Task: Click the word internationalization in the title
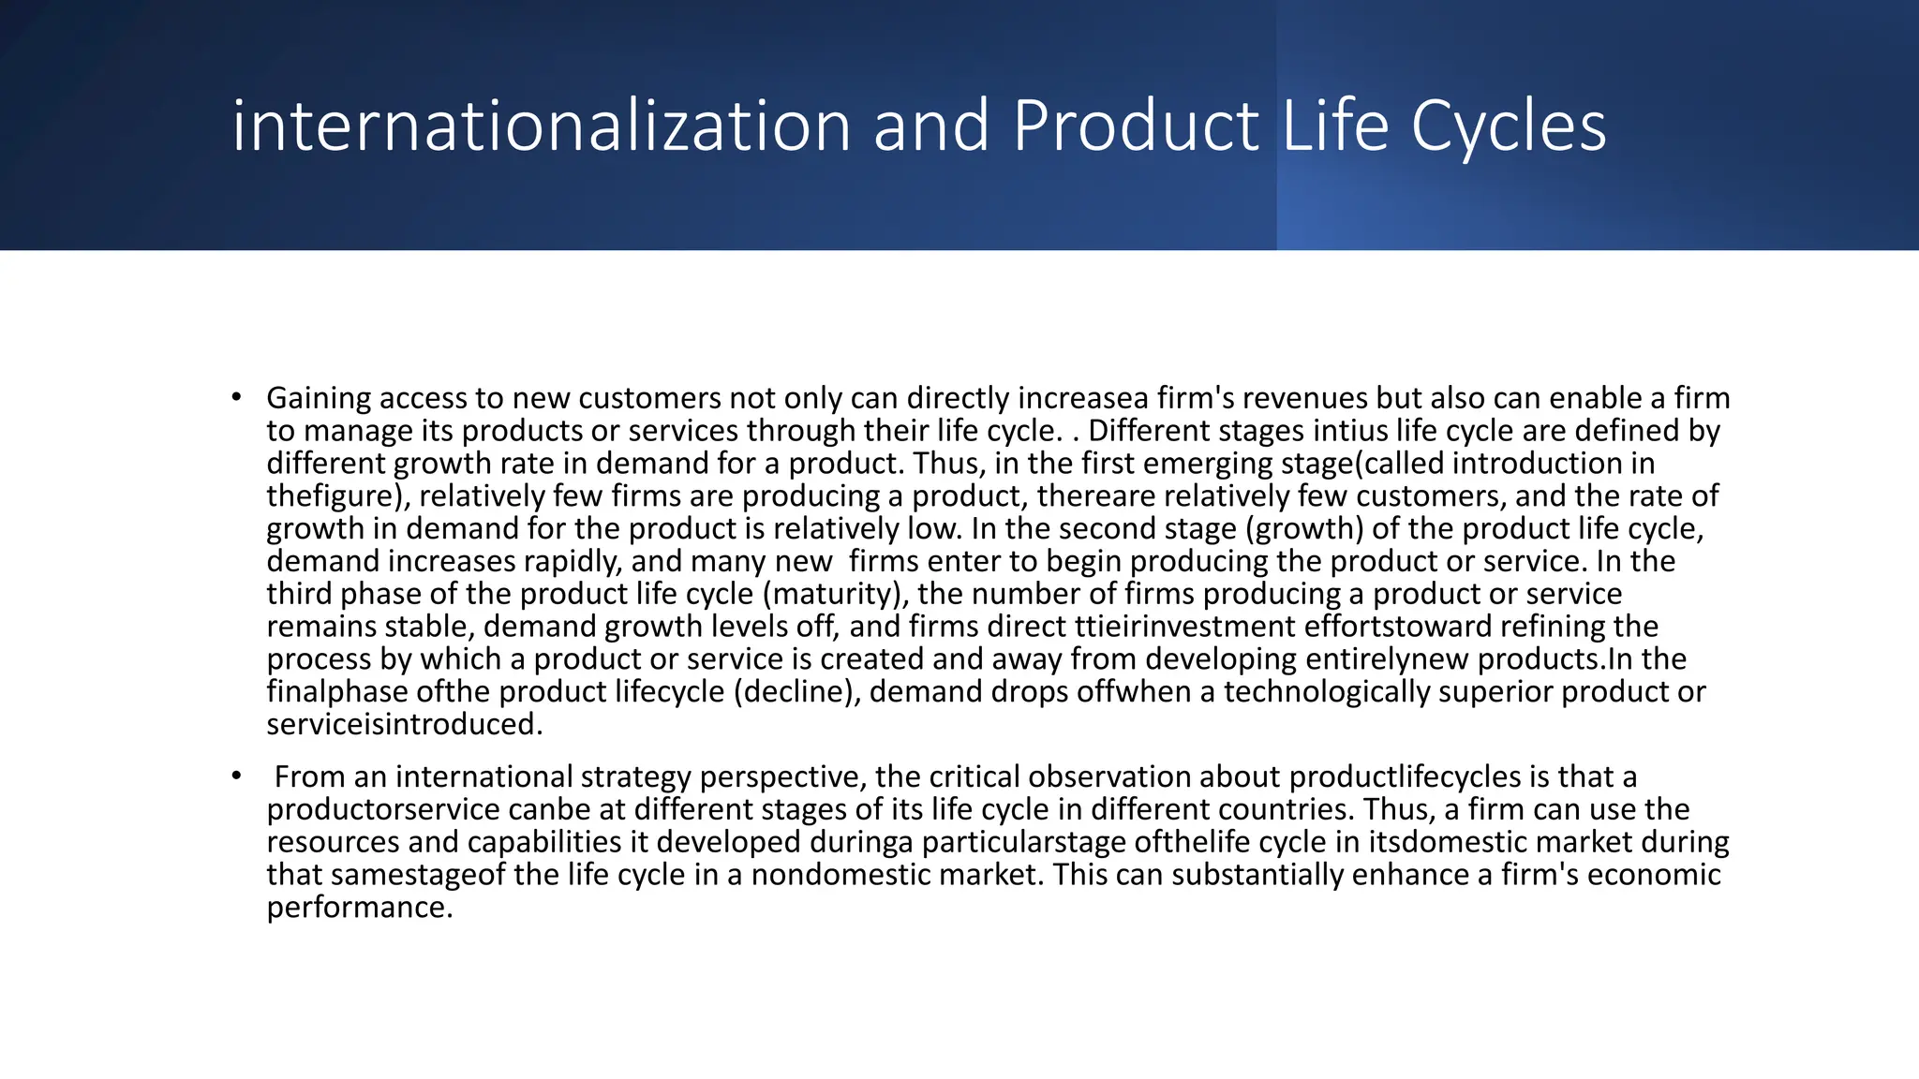coord(541,126)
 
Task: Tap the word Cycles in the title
coord(1509,126)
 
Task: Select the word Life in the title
coord(1334,126)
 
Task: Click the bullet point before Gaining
coord(237,397)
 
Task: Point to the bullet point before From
coord(237,776)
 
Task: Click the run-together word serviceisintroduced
coord(404,724)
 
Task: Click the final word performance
coord(359,907)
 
